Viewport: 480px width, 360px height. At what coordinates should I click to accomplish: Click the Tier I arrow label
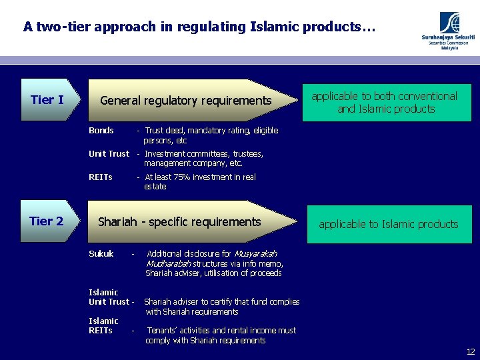point(47,100)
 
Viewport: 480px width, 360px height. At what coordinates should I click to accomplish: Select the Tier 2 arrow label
point(47,221)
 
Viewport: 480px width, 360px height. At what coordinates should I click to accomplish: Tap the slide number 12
point(471,351)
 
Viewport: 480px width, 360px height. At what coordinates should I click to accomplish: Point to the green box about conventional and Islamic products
point(385,103)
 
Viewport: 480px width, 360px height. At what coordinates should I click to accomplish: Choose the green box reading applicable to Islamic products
point(388,224)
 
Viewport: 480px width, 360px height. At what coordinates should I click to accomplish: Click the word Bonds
point(101,131)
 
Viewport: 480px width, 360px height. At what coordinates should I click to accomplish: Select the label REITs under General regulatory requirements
point(101,177)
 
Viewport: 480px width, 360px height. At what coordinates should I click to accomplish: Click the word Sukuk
point(101,253)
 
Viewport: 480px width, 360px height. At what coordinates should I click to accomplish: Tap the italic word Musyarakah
point(255,253)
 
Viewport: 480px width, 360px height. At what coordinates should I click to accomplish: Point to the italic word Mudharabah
point(168,263)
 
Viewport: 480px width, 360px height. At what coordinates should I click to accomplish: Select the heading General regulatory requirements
point(185,101)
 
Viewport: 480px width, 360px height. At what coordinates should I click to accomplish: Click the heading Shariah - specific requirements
point(179,221)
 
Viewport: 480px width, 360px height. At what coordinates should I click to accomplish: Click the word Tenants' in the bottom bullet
point(163,331)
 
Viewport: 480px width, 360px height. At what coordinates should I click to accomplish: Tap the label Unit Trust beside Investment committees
point(109,153)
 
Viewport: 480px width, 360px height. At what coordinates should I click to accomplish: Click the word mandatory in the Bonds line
point(206,131)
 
